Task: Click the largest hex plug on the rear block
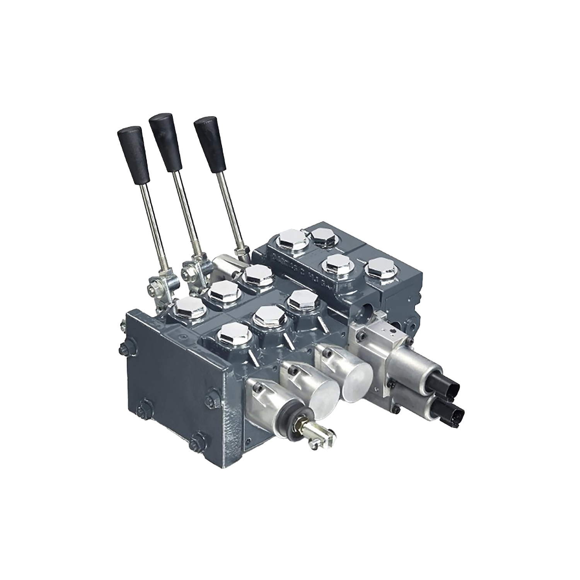point(293,239)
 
